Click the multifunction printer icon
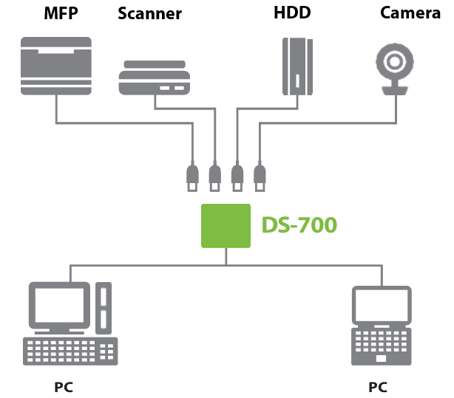(57, 67)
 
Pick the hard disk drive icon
(296, 67)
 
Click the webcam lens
(393, 59)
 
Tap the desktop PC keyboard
(70, 351)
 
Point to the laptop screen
(381, 307)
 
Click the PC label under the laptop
(377, 386)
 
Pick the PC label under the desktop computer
(64, 386)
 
